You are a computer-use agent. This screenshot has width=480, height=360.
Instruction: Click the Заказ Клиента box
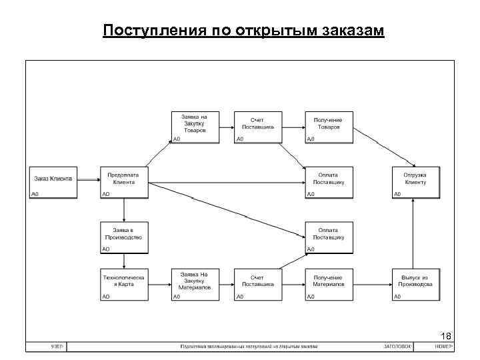click(53, 181)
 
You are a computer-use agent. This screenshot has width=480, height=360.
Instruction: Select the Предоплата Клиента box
click(123, 181)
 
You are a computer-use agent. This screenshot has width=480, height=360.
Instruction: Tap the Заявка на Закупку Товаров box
click(195, 126)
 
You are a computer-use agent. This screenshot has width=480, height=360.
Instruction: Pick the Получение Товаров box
click(328, 126)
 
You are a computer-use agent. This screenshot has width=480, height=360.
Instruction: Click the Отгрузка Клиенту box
click(416, 181)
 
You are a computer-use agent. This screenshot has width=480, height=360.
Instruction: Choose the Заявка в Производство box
click(123, 236)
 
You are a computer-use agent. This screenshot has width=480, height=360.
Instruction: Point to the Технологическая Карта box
click(123, 285)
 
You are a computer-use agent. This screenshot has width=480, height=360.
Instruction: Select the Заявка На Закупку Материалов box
click(195, 285)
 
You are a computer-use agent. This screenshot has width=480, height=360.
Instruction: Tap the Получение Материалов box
click(328, 285)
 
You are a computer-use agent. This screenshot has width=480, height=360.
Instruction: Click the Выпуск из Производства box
click(416, 285)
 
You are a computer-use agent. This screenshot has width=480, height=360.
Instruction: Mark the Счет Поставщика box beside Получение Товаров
click(258, 126)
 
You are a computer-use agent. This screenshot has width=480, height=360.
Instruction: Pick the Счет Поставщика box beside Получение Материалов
click(258, 285)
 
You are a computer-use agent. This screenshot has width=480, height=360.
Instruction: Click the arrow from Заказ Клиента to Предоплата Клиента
click(87, 180)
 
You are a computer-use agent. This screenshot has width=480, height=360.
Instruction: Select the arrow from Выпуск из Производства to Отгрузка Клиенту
click(416, 233)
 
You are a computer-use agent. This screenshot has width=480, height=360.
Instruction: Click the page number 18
click(446, 335)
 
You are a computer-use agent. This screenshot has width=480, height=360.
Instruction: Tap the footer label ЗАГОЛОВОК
click(397, 347)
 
